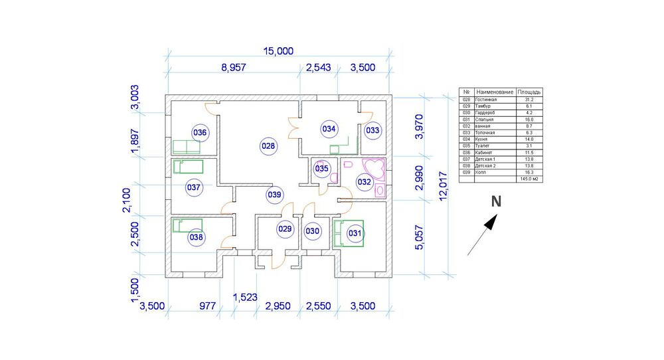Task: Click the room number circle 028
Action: point(268,145)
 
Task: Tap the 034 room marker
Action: point(328,128)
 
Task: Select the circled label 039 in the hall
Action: point(274,195)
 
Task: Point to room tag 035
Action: point(321,169)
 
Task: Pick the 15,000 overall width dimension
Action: point(278,52)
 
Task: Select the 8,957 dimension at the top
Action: point(234,68)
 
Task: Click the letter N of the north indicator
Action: point(495,202)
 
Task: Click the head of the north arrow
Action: point(491,224)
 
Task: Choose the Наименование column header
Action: point(494,92)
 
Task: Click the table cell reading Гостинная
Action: point(486,99)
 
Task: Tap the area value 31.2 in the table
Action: point(529,99)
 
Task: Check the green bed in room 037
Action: point(187,166)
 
